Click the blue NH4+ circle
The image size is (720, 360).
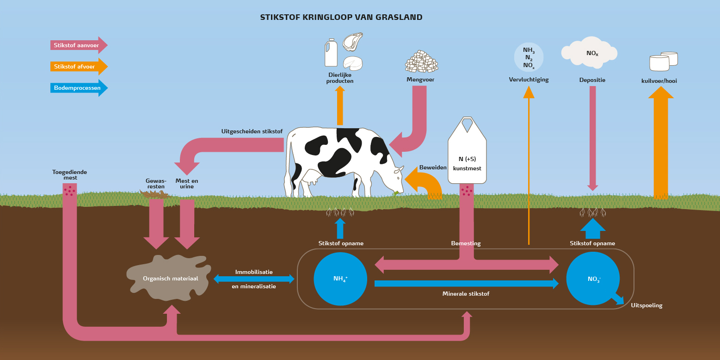pos(340,279)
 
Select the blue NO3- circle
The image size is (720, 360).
pos(593,279)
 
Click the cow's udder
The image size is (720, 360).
pos(309,177)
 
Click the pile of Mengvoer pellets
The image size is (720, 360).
pos(422,61)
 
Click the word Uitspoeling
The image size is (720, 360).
pos(646,305)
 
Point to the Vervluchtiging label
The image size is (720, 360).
pos(529,80)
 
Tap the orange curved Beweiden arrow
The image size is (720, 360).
pos(425,183)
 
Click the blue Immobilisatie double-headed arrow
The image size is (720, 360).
pos(254,279)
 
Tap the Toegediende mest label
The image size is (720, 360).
pos(69,174)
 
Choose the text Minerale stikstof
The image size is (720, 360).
pos(466,294)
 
